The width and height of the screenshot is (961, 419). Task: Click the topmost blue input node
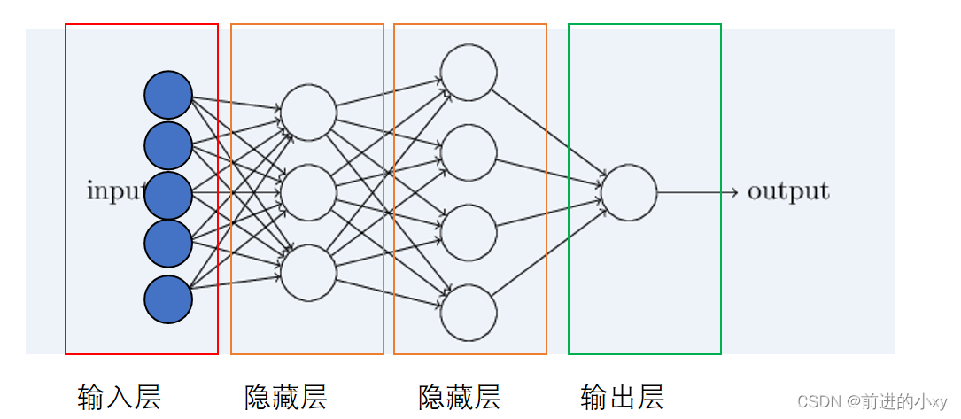[x=168, y=95]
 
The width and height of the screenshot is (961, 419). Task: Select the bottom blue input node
[x=168, y=299]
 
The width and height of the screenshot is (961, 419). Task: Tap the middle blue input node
[x=168, y=196]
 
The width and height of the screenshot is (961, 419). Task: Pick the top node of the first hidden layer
[x=308, y=113]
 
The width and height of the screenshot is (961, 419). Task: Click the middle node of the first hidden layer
[x=308, y=192]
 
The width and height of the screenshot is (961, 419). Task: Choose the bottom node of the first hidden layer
[x=308, y=273]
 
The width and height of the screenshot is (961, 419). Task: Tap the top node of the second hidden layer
[x=469, y=73]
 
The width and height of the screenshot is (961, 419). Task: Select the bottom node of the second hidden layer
[x=469, y=313]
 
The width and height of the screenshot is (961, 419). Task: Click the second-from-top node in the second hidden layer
[x=469, y=152]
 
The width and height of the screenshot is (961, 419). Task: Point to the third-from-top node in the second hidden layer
[x=469, y=233]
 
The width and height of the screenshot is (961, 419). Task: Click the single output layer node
[x=629, y=192]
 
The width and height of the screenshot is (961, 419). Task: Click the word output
[x=788, y=191]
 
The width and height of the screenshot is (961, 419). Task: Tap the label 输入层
[x=120, y=397]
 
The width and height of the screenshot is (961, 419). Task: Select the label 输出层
[x=623, y=397]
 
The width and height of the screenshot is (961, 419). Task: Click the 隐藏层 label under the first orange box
[x=286, y=397]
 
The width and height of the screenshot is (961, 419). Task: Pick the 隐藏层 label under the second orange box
[x=460, y=397]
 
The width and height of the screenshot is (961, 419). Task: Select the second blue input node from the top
[x=168, y=146]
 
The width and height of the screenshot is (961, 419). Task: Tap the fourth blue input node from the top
[x=168, y=244]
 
